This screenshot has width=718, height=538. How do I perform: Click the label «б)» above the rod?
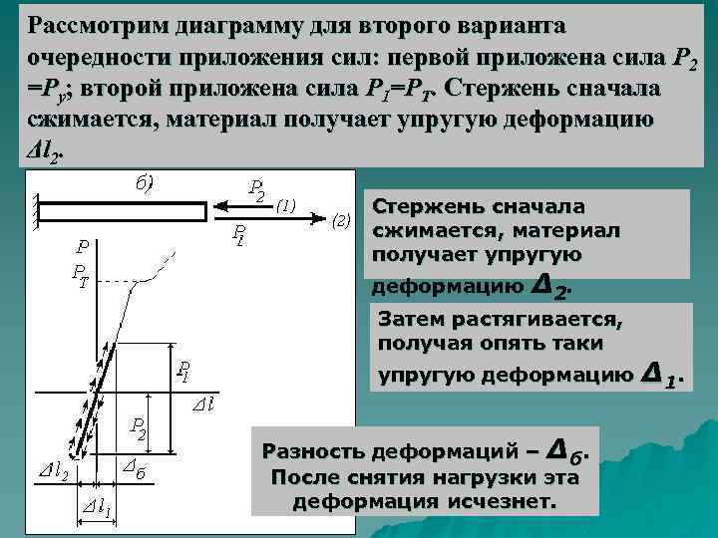click(x=145, y=182)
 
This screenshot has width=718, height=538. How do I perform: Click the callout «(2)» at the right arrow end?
click(x=340, y=219)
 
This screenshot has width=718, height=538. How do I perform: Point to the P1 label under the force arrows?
click(x=239, y=235)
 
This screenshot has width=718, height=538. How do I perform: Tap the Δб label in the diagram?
click(x=135, y=469)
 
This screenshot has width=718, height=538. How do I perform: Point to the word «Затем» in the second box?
click(x=413, y=321)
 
